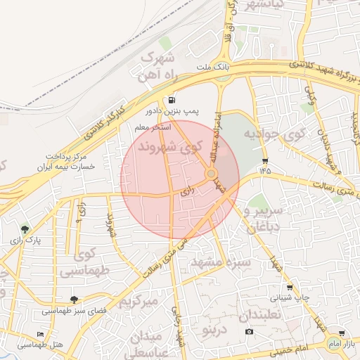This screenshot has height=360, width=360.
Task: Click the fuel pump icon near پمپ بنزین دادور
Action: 172,100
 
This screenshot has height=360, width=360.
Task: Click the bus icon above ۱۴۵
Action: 264,160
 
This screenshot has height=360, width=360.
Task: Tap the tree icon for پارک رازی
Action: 25,229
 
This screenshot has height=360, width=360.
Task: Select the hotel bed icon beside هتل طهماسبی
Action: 39,334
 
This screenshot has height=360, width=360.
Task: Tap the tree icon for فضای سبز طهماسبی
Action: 74,300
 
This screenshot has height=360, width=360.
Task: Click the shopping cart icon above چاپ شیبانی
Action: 290,287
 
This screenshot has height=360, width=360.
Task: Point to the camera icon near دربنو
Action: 248,331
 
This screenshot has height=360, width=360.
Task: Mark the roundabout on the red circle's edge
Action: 212,173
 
